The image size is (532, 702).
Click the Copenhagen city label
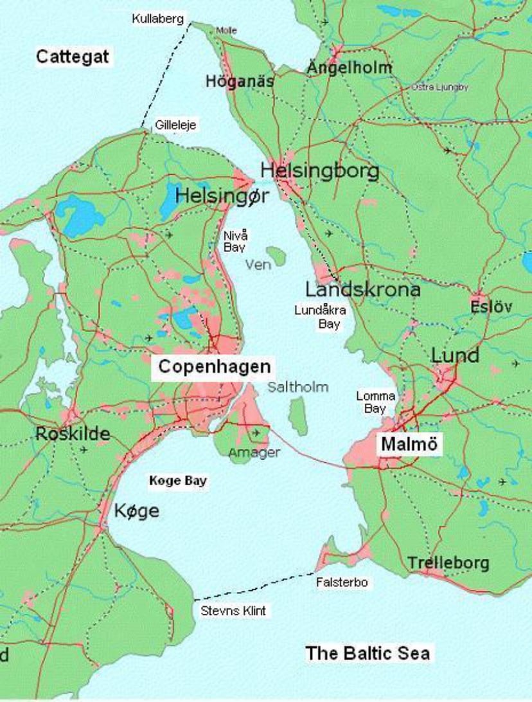pyautogui.click(x=214, y=367)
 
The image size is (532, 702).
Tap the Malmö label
pyautogui.click(x=409, y=444)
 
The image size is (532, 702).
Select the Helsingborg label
pyautogui.click(x=319, y=171)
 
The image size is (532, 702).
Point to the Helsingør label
pyautogui.click(x=222, y=195)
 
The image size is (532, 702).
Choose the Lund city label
pyautogui.click(x=454, y=355)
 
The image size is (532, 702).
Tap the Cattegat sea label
pyautogui.click(x=73, y=57)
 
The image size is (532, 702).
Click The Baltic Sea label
pyautogui.click(x=368, y=653)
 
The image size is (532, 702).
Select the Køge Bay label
pyautogui.click(x=178, y=481)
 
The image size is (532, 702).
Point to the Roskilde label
pyautogui.click(x=73, y=433)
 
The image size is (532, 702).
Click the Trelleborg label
pyautogui.click(x=448, y=564)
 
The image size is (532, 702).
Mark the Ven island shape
pyautogui.click(x=277, y=256)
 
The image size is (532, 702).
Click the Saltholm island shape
pyautogui.click(x=297, y=416)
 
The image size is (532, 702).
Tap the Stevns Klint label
pyautogui.click(x=233, y=611)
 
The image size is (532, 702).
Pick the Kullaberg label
pyautogui.click(x=158, y=19)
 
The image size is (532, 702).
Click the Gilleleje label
pyautogui.click(x=175, y=125)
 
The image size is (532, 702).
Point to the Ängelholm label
pyautogui.click(x=349, y=67)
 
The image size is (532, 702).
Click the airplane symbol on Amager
pyautogui.click(x=257, y=433)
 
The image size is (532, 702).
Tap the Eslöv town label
pyautogui.click(x=491, y=307)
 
